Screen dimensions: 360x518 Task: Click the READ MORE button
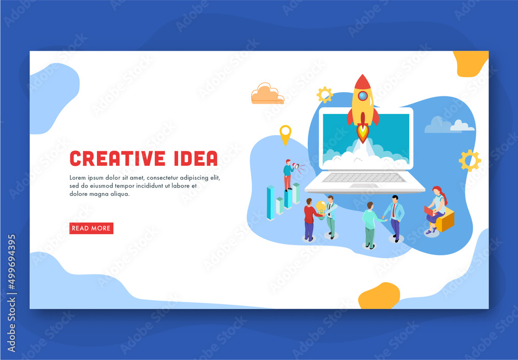click(91, 228)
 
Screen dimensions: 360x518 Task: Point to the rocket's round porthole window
click(363, 96)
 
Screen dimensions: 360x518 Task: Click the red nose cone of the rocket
click(363, 82)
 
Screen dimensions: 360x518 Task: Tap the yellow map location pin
click(285, 133)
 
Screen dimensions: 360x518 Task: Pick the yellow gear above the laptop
click(325, 95)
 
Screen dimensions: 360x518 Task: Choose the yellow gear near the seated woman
click(469, 161)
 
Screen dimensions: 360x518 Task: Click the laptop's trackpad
click(365, 185)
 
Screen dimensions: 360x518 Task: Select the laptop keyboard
click(365, 177)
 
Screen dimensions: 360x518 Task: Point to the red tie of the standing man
click(394, 209)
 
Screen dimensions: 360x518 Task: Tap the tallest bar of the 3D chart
click(270, 203)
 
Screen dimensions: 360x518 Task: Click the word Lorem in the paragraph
click(79, 178)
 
